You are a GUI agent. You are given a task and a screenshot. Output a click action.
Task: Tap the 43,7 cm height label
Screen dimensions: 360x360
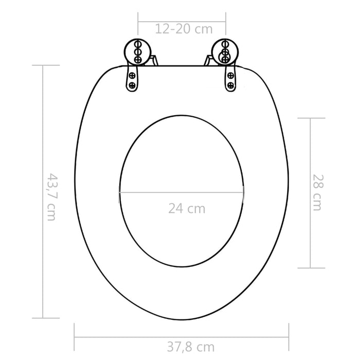click(51, 196)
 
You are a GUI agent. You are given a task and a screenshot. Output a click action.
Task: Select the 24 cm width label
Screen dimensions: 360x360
click(186, 209)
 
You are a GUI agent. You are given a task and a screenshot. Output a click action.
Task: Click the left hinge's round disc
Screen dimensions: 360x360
click(136, 52)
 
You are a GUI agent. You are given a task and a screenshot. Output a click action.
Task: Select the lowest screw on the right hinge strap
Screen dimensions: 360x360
click(230, 85)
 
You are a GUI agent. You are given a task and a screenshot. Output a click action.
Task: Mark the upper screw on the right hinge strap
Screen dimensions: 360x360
click(230, 75)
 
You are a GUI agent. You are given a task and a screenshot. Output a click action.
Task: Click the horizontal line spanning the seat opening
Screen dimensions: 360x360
click(181, 192)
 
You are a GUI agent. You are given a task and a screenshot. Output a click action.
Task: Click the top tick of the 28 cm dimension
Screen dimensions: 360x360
click(311, 118)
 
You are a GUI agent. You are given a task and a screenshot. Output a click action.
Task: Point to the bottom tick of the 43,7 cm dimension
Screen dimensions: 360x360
click(43, 318)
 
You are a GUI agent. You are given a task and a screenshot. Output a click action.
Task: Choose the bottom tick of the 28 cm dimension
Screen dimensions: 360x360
click(311, 268)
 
